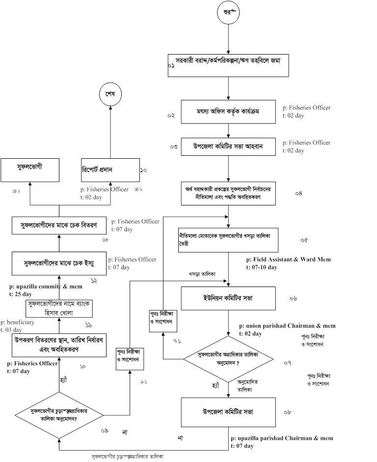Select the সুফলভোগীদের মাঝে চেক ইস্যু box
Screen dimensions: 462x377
coord(58,264)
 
